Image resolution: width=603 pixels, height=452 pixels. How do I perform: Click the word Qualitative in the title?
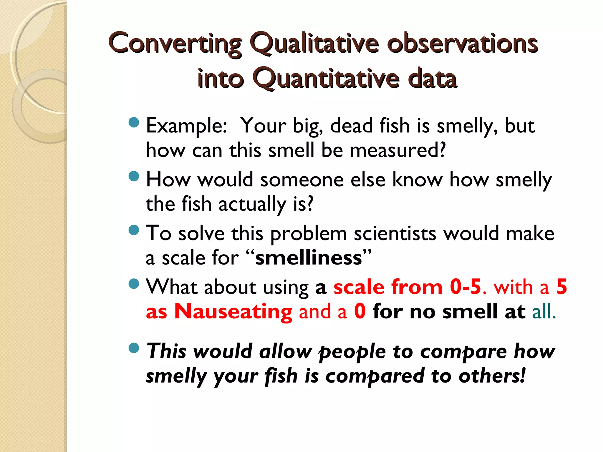314,44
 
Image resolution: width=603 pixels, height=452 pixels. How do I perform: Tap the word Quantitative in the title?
326,78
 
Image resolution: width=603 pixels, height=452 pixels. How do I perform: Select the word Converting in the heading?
175,44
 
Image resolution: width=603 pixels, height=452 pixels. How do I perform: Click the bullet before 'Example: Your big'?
134,122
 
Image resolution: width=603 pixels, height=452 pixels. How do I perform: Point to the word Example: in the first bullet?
187,126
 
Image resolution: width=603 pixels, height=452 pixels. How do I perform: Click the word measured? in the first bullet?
398,150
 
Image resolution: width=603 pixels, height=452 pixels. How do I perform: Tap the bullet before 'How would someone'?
134,176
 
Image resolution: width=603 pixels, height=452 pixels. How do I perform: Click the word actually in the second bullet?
252,204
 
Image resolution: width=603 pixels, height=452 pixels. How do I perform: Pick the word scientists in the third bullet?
395,234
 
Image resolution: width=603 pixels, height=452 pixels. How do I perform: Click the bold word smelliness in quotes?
309,258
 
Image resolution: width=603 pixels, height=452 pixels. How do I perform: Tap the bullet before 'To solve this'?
134,230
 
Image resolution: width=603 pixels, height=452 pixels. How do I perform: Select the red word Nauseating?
233,312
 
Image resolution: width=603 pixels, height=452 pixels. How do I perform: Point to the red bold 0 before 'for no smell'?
360,312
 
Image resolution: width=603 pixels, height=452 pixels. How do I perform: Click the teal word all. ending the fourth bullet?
544,312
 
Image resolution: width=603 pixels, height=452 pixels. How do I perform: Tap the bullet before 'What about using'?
134,284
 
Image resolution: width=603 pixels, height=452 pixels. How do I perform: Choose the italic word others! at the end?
492,376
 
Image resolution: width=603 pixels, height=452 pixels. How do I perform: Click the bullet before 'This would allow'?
134,348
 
